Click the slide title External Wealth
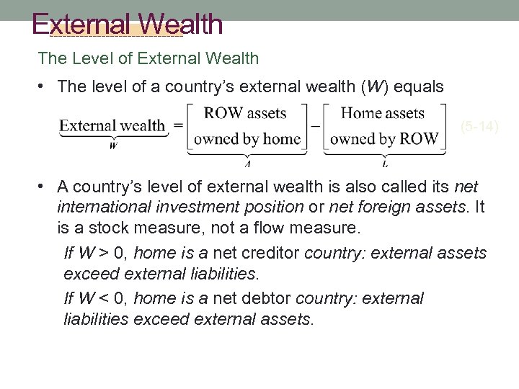[128, 24]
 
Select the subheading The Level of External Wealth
[148, 58]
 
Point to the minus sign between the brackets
[314, 125]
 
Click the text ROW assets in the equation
[245, 113]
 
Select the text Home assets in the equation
[382, 113]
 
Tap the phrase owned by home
[247, 138]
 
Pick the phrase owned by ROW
[383, 138]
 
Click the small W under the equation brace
[113, 145]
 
